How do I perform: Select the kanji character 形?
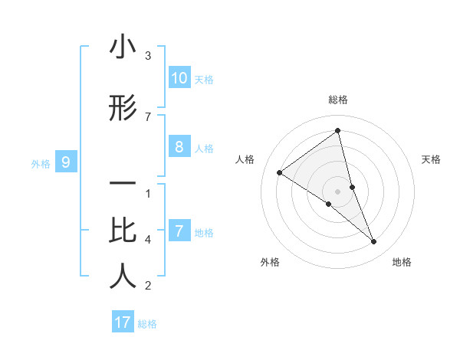click(x=123, y=109)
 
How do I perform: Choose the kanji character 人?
click(x=123, y=277)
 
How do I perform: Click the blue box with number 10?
click(x=179, y=78)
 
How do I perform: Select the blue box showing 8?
click(x=179, y=147)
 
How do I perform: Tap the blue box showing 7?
click(x=179, y=231)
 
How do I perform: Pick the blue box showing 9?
click(x=66, y=162)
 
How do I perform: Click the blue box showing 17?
click(x=123, y=322)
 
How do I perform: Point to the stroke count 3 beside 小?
click(x=148, y=56)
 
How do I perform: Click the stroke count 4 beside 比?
click(x=148, y=240)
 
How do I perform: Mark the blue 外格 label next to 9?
click(x=41, y=163)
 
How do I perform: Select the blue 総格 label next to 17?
click(x=147, y=324)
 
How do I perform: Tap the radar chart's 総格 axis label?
click(x=338, y=100)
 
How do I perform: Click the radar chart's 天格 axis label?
click(x=432, y=159)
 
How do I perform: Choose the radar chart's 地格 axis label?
click(x=402, y=262)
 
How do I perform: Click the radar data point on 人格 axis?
click(x=280, y=172)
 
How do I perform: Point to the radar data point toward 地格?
click(x=374, y=242)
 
